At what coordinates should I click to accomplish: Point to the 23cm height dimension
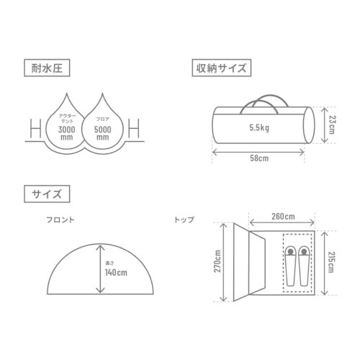coord(331,123)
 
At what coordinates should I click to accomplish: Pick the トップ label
coord(184,218)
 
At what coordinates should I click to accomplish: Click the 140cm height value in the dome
coord(115,273)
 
